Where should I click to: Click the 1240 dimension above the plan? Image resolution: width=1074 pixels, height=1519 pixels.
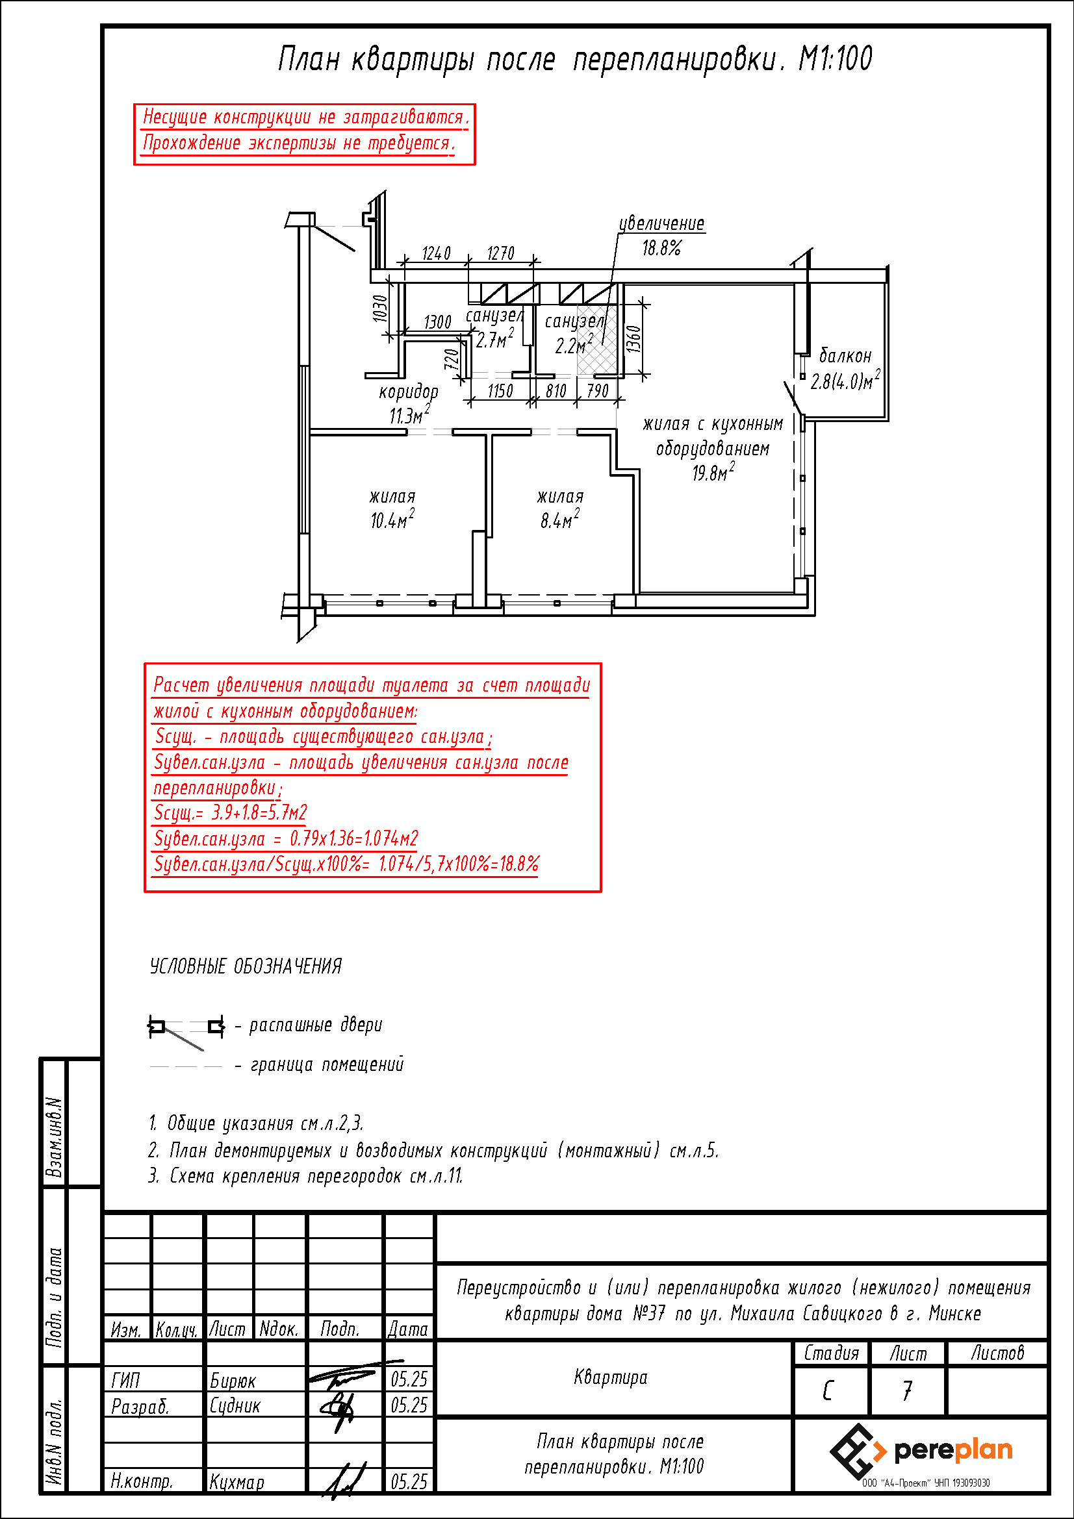click(436, 253)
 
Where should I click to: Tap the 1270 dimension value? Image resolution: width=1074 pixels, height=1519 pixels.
click(500, 253)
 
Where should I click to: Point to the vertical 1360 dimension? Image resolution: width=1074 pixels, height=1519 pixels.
click(633, 340)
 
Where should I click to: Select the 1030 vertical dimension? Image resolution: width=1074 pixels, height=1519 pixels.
click(380, 308)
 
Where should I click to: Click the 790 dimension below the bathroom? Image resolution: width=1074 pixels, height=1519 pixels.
click(598, 390)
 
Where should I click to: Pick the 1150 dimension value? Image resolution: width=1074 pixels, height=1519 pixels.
click(500, 391)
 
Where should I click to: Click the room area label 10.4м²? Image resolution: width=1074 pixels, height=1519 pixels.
click(392, 520)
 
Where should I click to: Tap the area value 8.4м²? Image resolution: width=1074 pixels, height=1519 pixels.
click(560, 520)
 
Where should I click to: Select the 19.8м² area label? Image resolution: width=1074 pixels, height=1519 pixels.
click(713, 472)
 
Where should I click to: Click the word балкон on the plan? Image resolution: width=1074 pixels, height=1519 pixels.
click(845, 356)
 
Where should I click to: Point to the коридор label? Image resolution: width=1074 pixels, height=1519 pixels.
click(408, 392)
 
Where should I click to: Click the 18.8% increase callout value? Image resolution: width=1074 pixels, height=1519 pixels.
click(661, 248)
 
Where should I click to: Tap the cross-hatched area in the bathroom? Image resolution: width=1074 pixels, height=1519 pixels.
click(598, 340)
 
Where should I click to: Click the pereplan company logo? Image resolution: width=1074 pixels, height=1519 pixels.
click(921, 1451)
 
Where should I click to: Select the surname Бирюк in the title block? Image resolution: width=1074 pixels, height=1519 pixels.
click(233, 1381)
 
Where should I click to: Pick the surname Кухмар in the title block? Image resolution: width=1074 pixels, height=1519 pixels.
click(237, 1482)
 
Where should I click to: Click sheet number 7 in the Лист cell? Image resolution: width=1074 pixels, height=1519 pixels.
click(907, 1390)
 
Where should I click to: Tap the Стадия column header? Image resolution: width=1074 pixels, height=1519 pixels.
click(831, 1353)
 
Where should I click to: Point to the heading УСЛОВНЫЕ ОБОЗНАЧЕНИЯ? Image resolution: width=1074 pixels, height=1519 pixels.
click(246, 966)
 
